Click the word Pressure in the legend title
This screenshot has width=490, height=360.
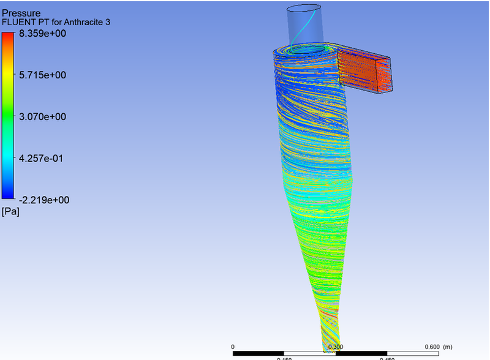22,12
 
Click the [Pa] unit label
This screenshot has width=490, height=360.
10,212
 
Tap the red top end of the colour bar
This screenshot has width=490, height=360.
8,37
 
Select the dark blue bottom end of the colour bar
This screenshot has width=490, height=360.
8,195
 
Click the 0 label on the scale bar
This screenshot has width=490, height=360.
233,347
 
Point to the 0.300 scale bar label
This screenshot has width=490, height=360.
335,347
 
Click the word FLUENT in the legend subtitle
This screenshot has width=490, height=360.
17,22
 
